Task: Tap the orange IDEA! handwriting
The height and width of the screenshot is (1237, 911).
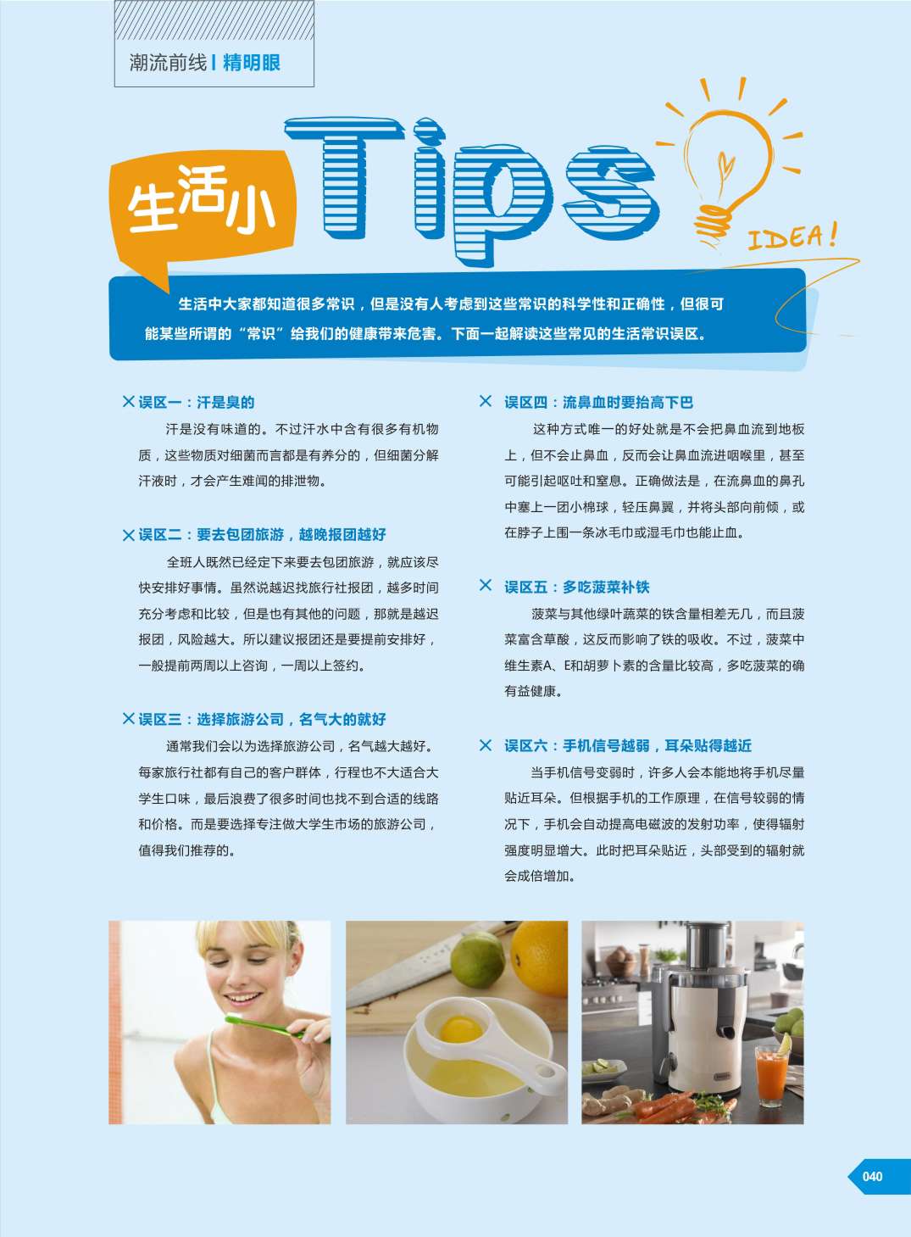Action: point(792,237)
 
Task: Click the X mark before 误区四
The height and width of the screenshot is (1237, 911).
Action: point(486,401)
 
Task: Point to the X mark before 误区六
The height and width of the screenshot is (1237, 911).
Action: point(486,745)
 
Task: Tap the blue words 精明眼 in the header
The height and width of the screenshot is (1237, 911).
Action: point(251,63)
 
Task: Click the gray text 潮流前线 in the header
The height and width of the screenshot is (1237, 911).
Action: point(168,63)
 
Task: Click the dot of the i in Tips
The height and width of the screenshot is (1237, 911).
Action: point(429,132)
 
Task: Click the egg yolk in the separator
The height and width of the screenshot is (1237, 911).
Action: point(460,1028)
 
